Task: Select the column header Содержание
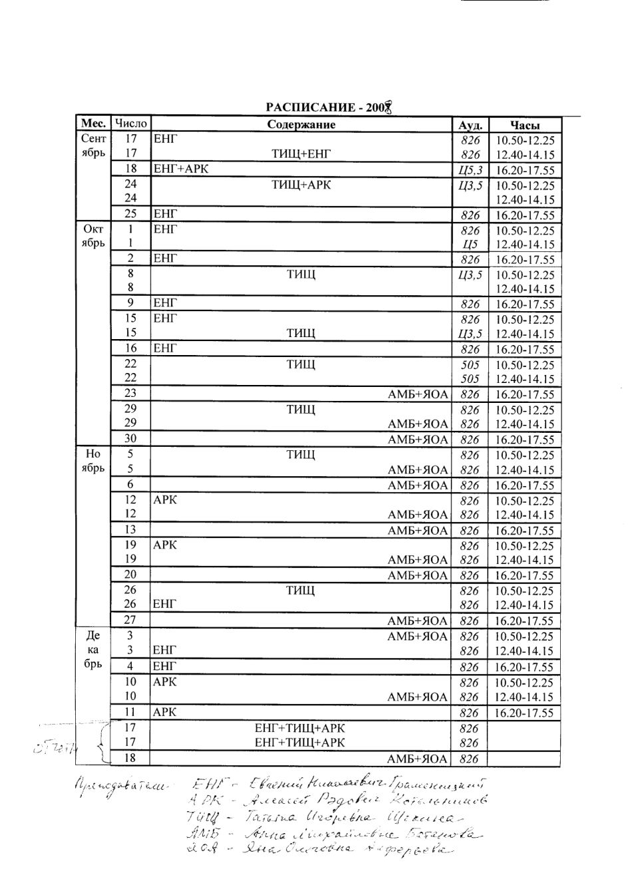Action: pos(301,124)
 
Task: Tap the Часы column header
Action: pos(525,125)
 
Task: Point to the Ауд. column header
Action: pos(470,125)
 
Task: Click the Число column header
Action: pos(130,124)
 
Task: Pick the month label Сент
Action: pos(93,140)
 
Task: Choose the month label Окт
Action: pos(93,230)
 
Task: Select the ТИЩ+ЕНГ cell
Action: pos(301,154)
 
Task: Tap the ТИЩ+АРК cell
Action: pos(301,185)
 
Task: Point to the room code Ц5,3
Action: pos(470,170)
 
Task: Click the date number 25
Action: pos(131,213)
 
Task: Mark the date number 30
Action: pos(131,438)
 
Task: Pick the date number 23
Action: pos(131,393)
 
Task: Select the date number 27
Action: pos(131,620)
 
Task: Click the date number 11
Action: pos(131,711)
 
